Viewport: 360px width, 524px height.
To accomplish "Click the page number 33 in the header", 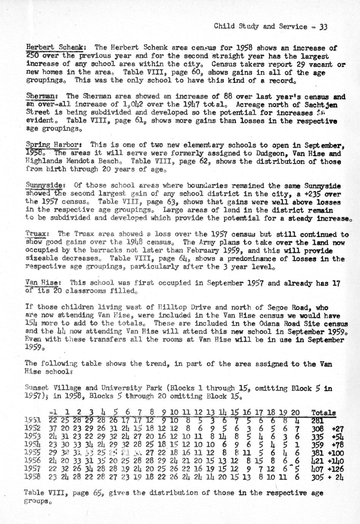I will [x=323, y=27].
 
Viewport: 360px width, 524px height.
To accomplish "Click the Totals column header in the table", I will [x=323, y=413].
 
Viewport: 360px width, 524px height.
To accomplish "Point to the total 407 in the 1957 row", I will [x=317, y=469].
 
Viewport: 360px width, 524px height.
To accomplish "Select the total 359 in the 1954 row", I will [x=317, y=445].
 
